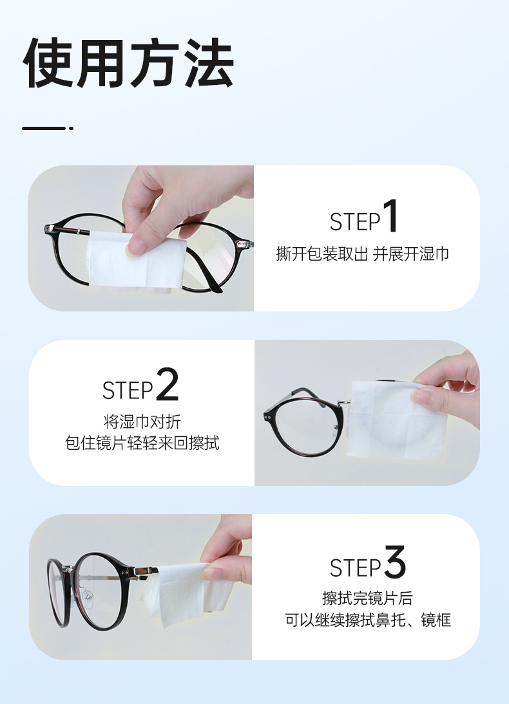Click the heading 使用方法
pyautogui.click(x=128, y=63)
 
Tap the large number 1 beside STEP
pyautogui.click(x=390, y=216)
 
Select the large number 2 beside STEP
pyautogui.click(x=168, y=384)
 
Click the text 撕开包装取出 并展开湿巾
pyautogui.click(x=362, y=254)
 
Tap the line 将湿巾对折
pyautogui.click(x=142, y=421)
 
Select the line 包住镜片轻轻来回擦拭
pyautogui.click(x=142, y=443)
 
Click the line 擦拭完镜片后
pyautogui.click(x=367, y=598)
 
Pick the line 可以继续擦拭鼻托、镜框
pyautogui.click(x=368, y=620)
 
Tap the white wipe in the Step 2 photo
pyautogui.click(x=396, y=420)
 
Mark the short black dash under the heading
pyautogui.click(x=48, y=129)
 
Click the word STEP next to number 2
pyautogui.click(x=128, y=390)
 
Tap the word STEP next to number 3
pyautogui.click(x=355, y=568)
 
